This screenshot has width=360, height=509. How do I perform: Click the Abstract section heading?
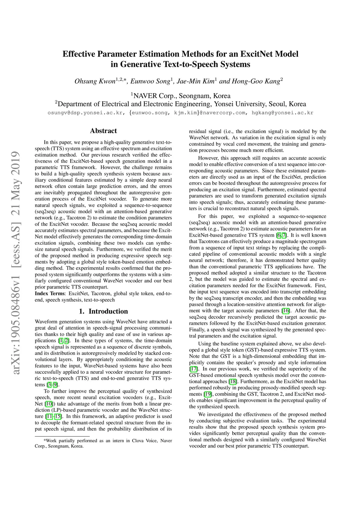[103, 131]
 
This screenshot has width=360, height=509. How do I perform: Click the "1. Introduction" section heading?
[103, 311]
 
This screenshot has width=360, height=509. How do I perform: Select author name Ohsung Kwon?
[95, 82]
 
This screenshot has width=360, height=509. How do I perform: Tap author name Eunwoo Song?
[150, 82]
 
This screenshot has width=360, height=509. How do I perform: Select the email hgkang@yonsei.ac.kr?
[282, 113]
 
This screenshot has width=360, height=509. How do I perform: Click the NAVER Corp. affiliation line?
[181, 96]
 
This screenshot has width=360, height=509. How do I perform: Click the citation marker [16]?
[286, 311]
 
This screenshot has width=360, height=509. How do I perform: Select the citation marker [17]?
[194, 369]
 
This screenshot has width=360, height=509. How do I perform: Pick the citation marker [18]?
[233, 381]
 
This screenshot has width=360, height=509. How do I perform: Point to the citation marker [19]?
[207, 394]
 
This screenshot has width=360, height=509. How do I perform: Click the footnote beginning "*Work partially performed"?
[103, 443]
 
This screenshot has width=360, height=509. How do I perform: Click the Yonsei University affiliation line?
[181, 104]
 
